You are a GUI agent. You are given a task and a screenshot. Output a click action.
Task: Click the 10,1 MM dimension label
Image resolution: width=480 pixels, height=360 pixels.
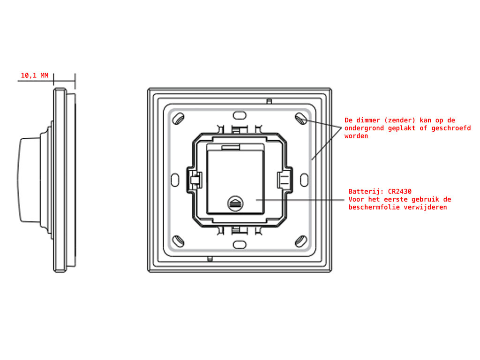click(34, 75)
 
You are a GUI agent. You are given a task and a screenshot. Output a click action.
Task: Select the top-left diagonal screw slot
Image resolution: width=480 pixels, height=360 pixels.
click(178, 119)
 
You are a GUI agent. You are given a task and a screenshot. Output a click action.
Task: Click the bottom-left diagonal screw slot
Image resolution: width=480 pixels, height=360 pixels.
click(178, 241)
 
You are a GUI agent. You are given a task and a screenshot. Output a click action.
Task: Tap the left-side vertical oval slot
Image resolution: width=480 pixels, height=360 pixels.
click(175, 179)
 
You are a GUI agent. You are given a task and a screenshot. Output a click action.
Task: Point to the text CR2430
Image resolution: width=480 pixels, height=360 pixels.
click(400, 192)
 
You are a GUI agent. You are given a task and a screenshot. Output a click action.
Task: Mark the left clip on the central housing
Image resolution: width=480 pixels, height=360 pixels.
click(195, 179)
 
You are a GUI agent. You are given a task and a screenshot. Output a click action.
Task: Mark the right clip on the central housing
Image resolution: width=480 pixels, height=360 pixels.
click(284, 179)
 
